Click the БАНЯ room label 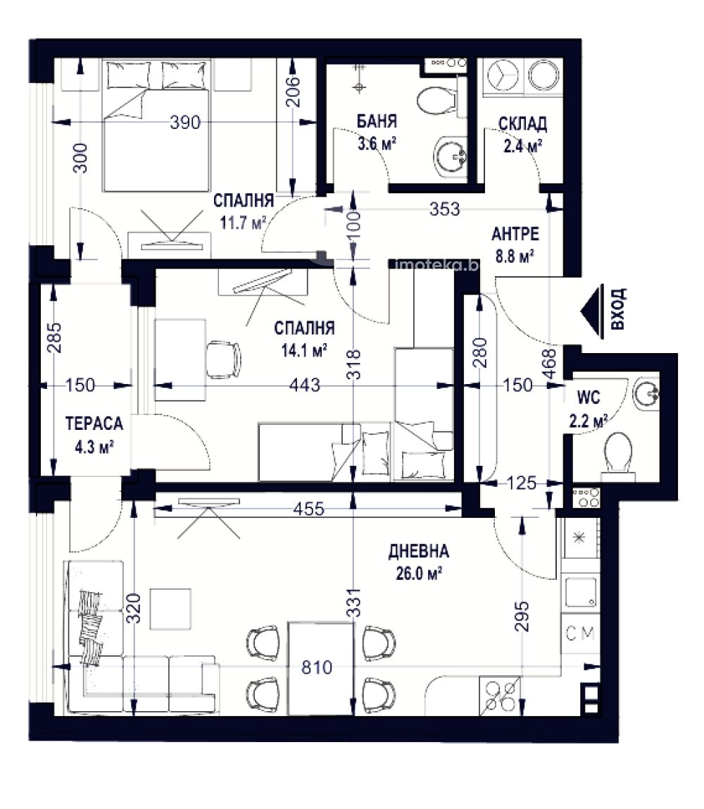tap(377, 121)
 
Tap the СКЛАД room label tap(522, 124)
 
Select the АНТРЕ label tap(515, 234)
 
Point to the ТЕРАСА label tap(94, 424)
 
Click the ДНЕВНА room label tap(418, 551)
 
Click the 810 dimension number tap(316, 667)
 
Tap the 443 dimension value tap(305, 385)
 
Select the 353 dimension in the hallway tap(444, 209)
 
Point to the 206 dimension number tap(292, 92)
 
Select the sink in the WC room tap(646, 395)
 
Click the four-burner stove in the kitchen tap(499, 696)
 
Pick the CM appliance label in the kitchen tap(580, 633)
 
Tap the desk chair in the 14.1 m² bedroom tap(223, 359)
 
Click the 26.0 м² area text tap(419, 573)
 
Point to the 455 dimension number tap(309, 510)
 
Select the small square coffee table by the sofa tap(170, 610)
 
